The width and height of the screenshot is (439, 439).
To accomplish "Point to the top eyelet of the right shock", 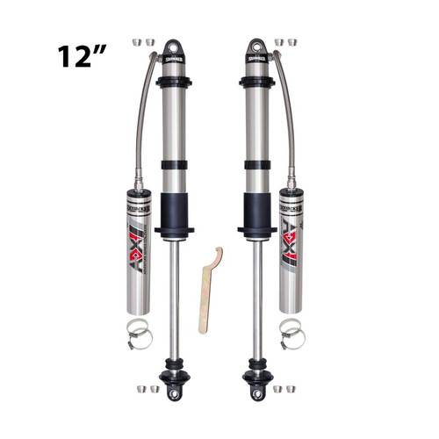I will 256,48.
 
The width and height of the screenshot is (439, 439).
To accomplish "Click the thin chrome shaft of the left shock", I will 174,299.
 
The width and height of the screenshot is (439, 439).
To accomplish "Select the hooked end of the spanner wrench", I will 216,255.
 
